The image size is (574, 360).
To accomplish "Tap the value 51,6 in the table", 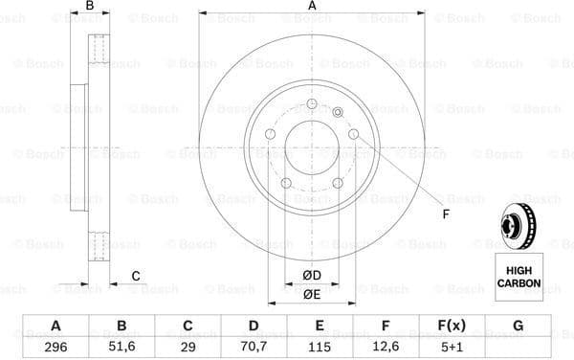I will coord(121,346).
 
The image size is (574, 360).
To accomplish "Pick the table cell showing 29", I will coord(188,346).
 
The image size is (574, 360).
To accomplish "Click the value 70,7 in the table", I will coord(254,346).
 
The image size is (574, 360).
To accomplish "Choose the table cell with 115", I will coord(320,346).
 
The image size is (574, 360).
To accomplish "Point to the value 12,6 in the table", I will coord(386,346).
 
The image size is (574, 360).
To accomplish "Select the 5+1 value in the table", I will coord(452,346).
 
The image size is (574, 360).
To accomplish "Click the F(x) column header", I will coord(452,326).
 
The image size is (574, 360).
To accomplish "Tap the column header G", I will coord(518,326).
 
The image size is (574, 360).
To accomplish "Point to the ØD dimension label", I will coord(311,277).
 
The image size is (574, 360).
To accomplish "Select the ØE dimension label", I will coord(311,294).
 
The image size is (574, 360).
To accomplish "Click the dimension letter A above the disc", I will coord(312,7).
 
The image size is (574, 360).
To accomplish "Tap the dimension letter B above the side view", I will coord(90,7).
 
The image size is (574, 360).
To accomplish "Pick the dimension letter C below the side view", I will coord(136,277).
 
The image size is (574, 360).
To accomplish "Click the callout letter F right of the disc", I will coord(446,214).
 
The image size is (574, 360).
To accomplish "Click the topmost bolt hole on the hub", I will coord(312,103).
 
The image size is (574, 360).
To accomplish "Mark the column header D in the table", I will coord(254,326).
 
